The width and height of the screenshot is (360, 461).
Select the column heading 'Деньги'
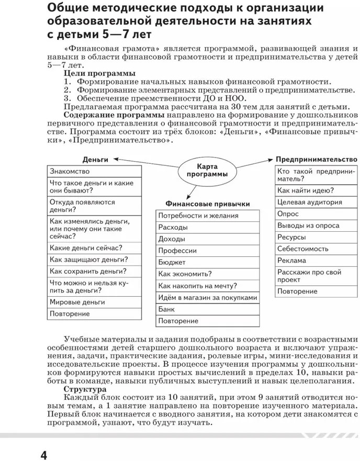pyautogui.click(x=95, y=159)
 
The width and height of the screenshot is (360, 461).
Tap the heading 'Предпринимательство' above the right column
pyautogui.click(x=317, y=159)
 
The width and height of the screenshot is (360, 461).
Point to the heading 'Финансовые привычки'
pyautogui.click(x=208, y=204)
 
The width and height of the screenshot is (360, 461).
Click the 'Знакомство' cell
pyautogui.click(x=95, y=171)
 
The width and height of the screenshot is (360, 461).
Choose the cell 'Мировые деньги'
pyautogui.click(x=95, y=302)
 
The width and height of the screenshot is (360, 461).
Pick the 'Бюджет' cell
pyautogui.click(x=208, y=262)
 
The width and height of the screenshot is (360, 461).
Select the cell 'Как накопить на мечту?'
pyautogui.click(x=208, y=286)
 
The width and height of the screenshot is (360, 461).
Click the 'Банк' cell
pyautogui.click(x=208, y=309)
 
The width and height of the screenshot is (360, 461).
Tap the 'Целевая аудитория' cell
pyautogui.click(x=316, y=202)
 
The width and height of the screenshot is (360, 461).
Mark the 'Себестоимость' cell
pyautogui.click(x=316, y=249)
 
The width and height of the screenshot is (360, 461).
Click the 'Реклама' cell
pyautogui.click(x=316, y=260)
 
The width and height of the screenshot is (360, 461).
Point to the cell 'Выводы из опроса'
pyautogui.click(x=316, y=226)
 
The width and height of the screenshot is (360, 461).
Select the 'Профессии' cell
pyautogui.click(x=208, y=251)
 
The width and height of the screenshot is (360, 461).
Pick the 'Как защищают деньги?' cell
pyautogui.click(x=95, y=259)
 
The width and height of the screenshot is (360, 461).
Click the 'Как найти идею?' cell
pyautogui.click(x=316, y=190)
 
